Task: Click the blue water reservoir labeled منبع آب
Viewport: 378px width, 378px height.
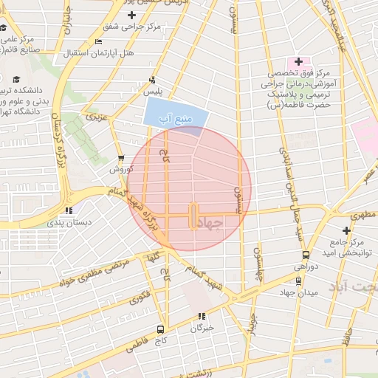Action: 174,115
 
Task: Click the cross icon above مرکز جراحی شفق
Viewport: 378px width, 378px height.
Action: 131,15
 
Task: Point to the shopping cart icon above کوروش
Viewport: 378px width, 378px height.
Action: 121,158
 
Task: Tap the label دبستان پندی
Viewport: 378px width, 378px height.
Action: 69,221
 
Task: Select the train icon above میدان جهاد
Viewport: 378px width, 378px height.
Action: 298,281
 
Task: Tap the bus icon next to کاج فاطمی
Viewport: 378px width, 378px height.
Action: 159,330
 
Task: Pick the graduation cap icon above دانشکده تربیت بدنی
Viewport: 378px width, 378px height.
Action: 16,79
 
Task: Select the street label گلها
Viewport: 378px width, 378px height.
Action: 154,258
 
